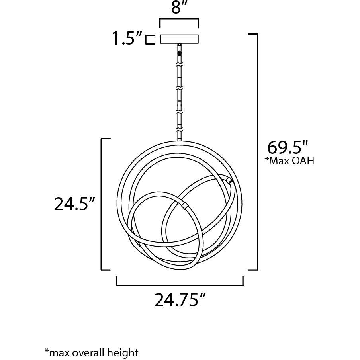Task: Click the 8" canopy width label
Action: point(179,8)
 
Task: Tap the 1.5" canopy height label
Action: point(127,39)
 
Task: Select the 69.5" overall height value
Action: point(288,148)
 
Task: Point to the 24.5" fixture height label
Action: point(74,204)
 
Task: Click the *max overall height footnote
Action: point(91,352)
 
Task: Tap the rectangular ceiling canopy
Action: point(179,39)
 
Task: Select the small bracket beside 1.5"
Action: point(149,39)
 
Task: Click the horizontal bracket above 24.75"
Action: point(180,282)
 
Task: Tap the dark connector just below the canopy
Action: point(180,52)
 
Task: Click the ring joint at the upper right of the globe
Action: point(230,181)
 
